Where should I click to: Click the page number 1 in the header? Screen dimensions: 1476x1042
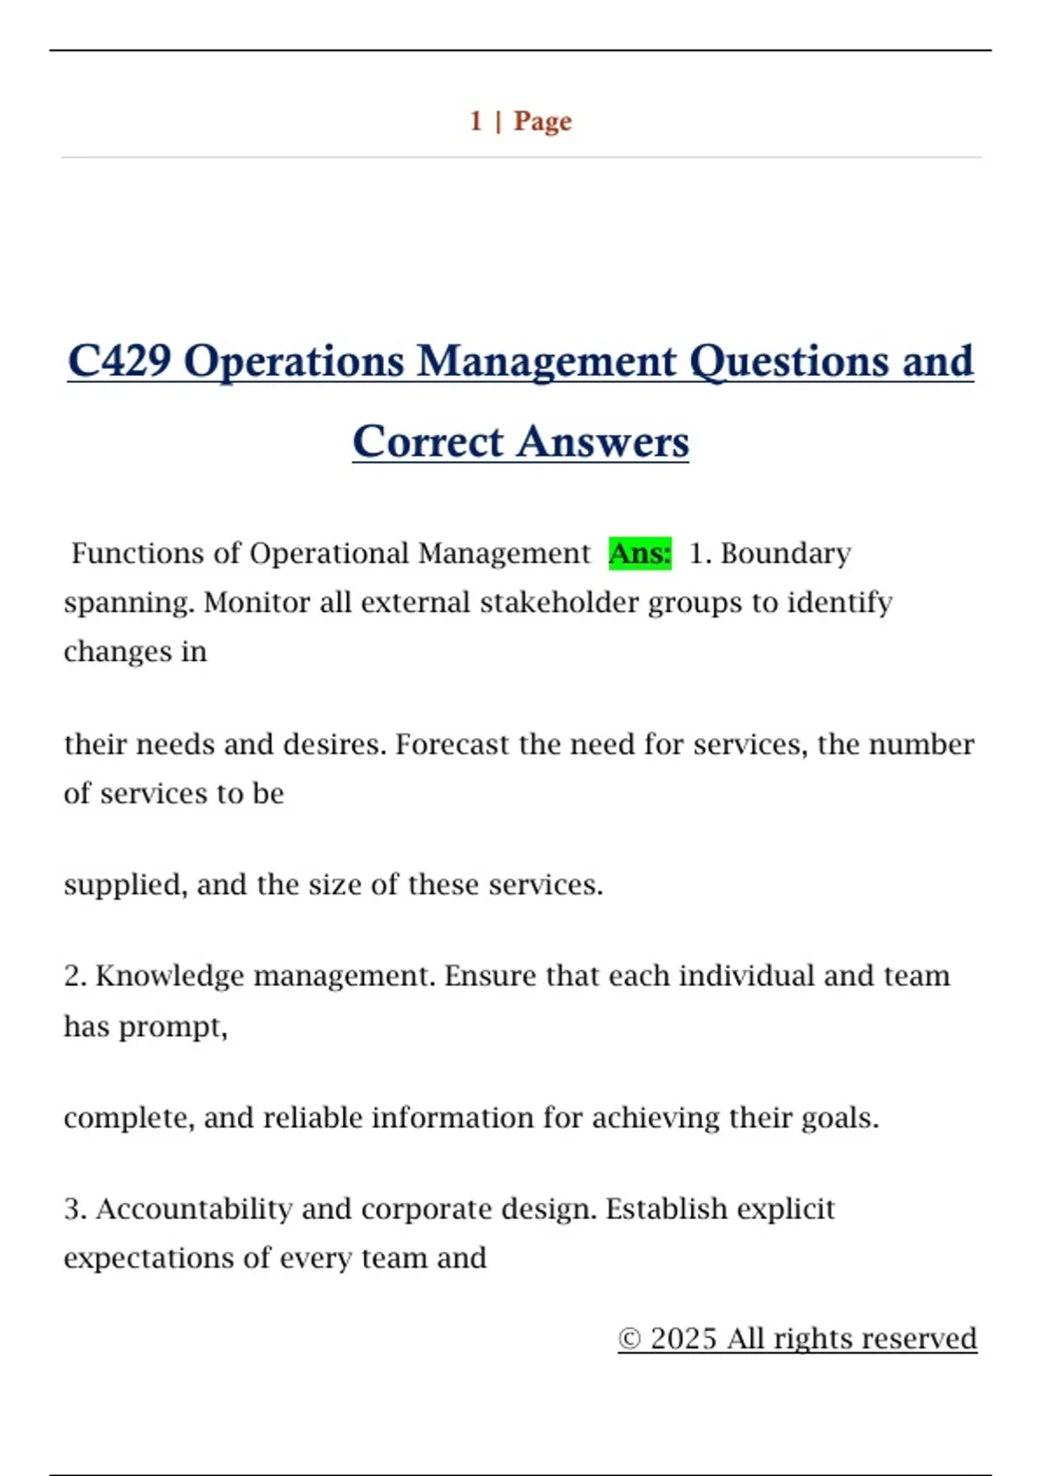click(476, 121)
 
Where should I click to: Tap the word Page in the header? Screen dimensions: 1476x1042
click(543, 121)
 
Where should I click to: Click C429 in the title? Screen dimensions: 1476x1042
click(119, 361)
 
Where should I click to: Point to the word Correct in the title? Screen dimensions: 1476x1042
click(428, 442)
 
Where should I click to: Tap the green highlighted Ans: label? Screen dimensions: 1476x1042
click(640, 553)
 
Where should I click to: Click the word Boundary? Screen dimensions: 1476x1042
click(786, 553)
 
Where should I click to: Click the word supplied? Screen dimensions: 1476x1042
click(125, 885)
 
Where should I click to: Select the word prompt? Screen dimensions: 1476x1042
click(173, 1027)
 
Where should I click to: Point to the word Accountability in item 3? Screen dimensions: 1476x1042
click(194, 1209)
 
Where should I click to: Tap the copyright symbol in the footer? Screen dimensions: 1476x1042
click(630, 1339)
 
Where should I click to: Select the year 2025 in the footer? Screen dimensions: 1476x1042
click(683, 1339)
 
